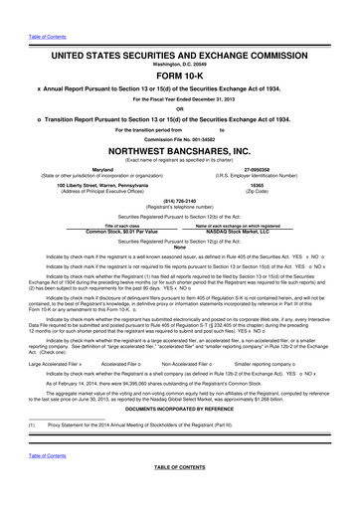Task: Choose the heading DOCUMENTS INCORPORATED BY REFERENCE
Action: point(180,411)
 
